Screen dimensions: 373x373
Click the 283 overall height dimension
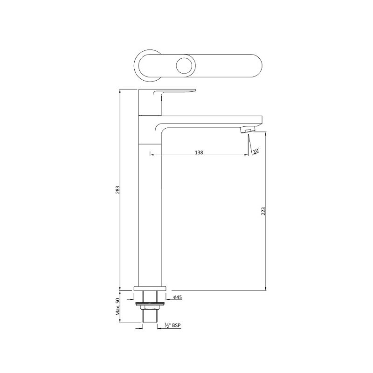pyautogui.click(x=117, y=190)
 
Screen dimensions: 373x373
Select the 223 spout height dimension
pyautogui.click(x=263, y=211)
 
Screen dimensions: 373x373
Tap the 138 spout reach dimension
pyautogui.click(x=199, y=152)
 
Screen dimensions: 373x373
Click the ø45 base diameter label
pyautogui.click(x=178, y=297)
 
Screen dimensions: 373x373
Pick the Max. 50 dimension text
pyautogui.click(x=117, y=306)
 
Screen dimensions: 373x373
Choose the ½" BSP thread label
pyautogui.click(x=173, y=325)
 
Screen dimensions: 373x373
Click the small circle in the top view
pyautogui.click(x=186, y=65)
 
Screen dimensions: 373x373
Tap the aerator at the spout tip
pyautogui.click(x=248, y=130)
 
